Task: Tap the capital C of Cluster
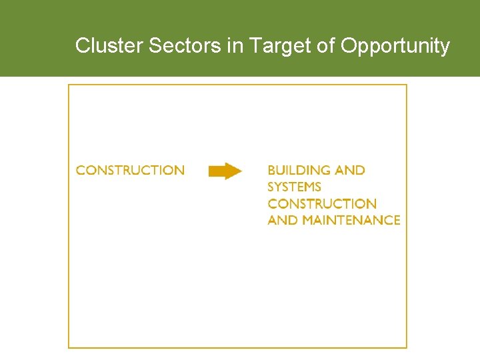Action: pyautogui.click(x=82, y=46)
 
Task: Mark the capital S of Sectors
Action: pyautogui.click(x=153, y=46)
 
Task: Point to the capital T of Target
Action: pyautogui.click(x=253, y=46)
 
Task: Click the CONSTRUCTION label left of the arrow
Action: pyautogui.click(x=130, y=171)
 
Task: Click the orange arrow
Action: pyautogui.click(x=225, y=171)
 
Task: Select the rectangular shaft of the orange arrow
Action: pyautogui.click(x=216, y=171)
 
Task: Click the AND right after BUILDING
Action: pyautogui.click(x=350, y=171)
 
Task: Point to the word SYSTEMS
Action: pyautogui.click(x=294, y=187)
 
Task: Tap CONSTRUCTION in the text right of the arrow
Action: pyautogui.click(x=322, y=204)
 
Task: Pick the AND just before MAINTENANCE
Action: pyautogui.click(x=283, y=221)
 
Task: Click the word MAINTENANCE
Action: pyautogui.click(x=351, y=221)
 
